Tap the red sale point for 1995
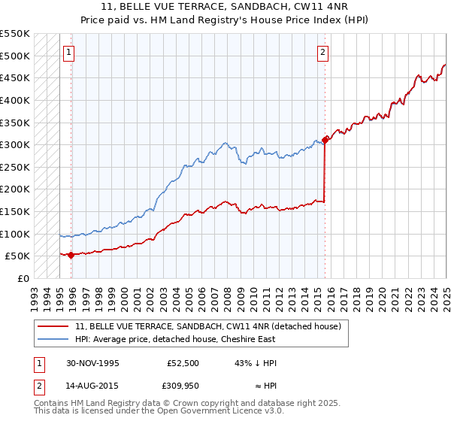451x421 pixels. coord(71,255)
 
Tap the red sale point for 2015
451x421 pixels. coord(325,139)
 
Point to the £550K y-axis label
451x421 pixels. coord(15,34)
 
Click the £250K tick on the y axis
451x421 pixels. coord(15,167)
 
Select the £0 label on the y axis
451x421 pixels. coord(23,278)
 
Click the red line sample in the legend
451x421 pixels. coord(52,326)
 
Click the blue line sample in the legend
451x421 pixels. coord(52,340)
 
